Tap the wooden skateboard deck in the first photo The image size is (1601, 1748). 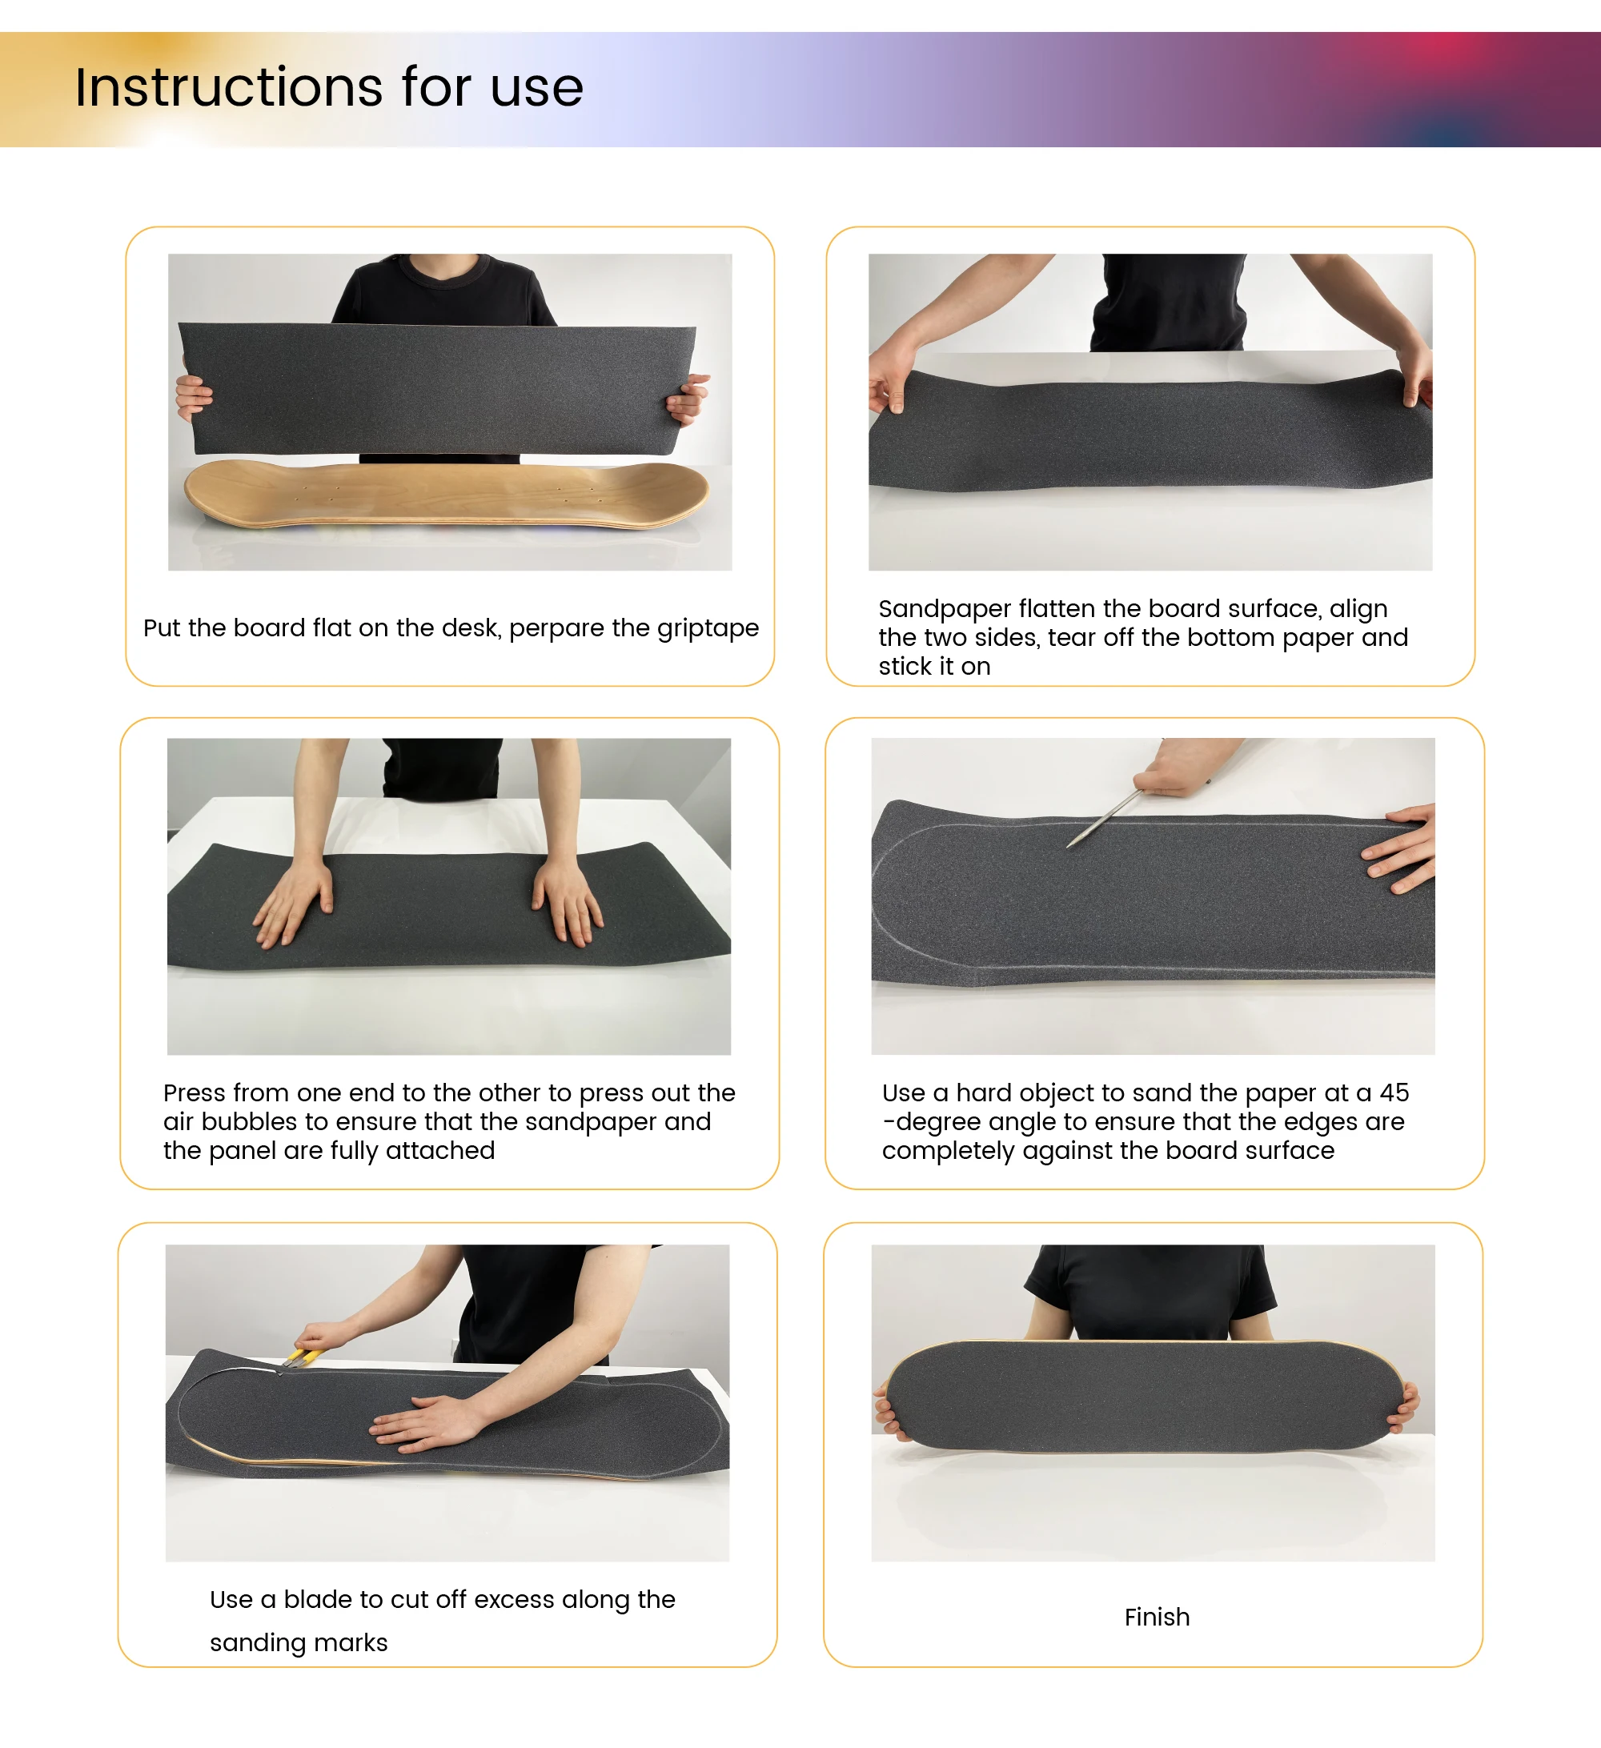(x=447, y=495)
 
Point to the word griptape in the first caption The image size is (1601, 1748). (x=708, y=628)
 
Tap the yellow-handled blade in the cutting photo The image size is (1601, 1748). (x=300, y=1357)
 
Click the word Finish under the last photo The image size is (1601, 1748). (x=1157, y=1617)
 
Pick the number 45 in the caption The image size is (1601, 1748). (x=1394, y=1092)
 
